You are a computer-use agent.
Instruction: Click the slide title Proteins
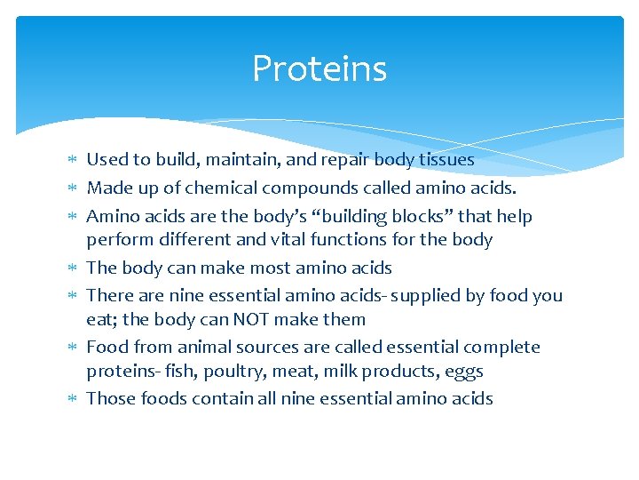click(x=319, y=68)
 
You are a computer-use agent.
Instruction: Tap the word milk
click(x=335, y=372)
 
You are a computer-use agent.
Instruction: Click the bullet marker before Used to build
click(x=73, y=161)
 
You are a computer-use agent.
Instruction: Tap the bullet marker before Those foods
click(x=73, y=399)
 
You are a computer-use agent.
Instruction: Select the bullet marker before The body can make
click(x=73, y=268)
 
